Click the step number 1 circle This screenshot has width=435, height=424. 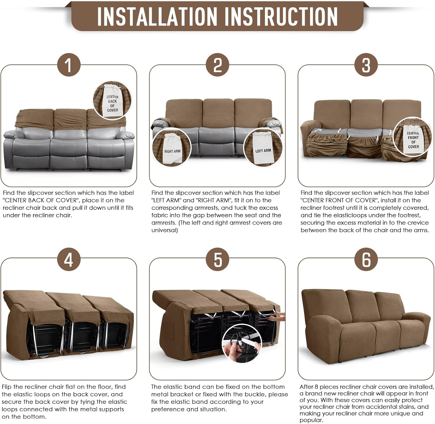coord(68,65)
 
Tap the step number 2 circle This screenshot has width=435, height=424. coord(217,65)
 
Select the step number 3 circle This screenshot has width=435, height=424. coord(366,65)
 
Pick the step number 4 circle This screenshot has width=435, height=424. coord(68,259)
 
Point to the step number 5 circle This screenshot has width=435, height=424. coord(217,259)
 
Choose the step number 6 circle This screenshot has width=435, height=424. coord(366,259)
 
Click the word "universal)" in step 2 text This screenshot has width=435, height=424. coord(164,230)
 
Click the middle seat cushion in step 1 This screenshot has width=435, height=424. coord(69,148)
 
